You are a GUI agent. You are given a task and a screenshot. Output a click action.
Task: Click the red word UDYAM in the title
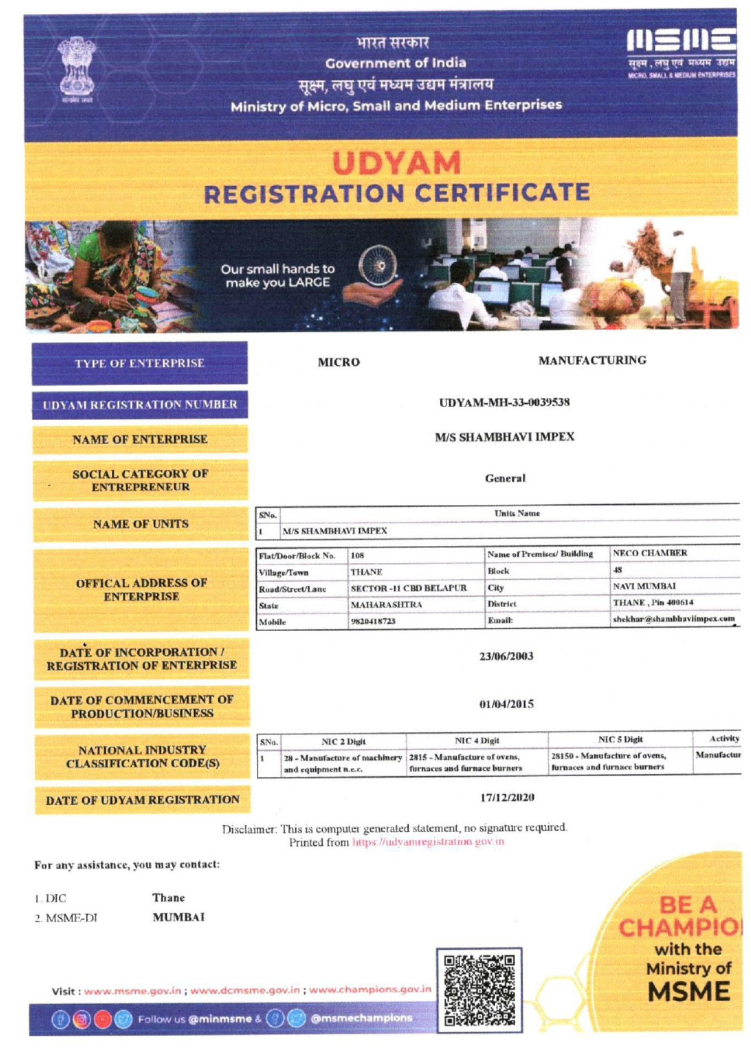pos(396,163)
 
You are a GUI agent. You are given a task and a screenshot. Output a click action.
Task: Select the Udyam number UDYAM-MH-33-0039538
pos(504,403)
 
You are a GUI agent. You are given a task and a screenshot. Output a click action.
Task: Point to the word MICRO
pos(339,362)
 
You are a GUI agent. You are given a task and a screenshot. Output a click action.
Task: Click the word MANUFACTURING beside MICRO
pos(592,360)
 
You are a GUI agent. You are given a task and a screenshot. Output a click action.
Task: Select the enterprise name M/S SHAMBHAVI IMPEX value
pos(504,437)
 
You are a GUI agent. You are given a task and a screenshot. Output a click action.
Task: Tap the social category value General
pos(505,478)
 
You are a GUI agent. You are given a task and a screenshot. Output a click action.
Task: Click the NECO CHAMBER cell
pos(650,553)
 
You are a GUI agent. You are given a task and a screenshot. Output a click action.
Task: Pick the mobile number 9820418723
pos(373,621)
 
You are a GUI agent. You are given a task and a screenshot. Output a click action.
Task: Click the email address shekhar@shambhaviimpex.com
pos(674,619)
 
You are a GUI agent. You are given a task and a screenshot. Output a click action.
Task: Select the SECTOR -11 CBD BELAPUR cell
pos(409,588)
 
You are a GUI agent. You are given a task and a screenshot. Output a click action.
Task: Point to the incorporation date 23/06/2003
pos(506,657)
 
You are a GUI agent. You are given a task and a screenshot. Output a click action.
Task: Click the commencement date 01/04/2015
pos(506,704)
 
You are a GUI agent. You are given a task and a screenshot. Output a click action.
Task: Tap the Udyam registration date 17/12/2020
pos(507,797)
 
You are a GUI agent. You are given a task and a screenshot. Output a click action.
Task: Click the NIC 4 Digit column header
pos(477,741)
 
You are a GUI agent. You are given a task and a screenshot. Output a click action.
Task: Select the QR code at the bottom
pos(479,990)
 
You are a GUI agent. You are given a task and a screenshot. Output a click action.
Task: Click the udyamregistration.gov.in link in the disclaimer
pos(428,842)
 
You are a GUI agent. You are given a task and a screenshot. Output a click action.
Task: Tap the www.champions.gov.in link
pos(370,990)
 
